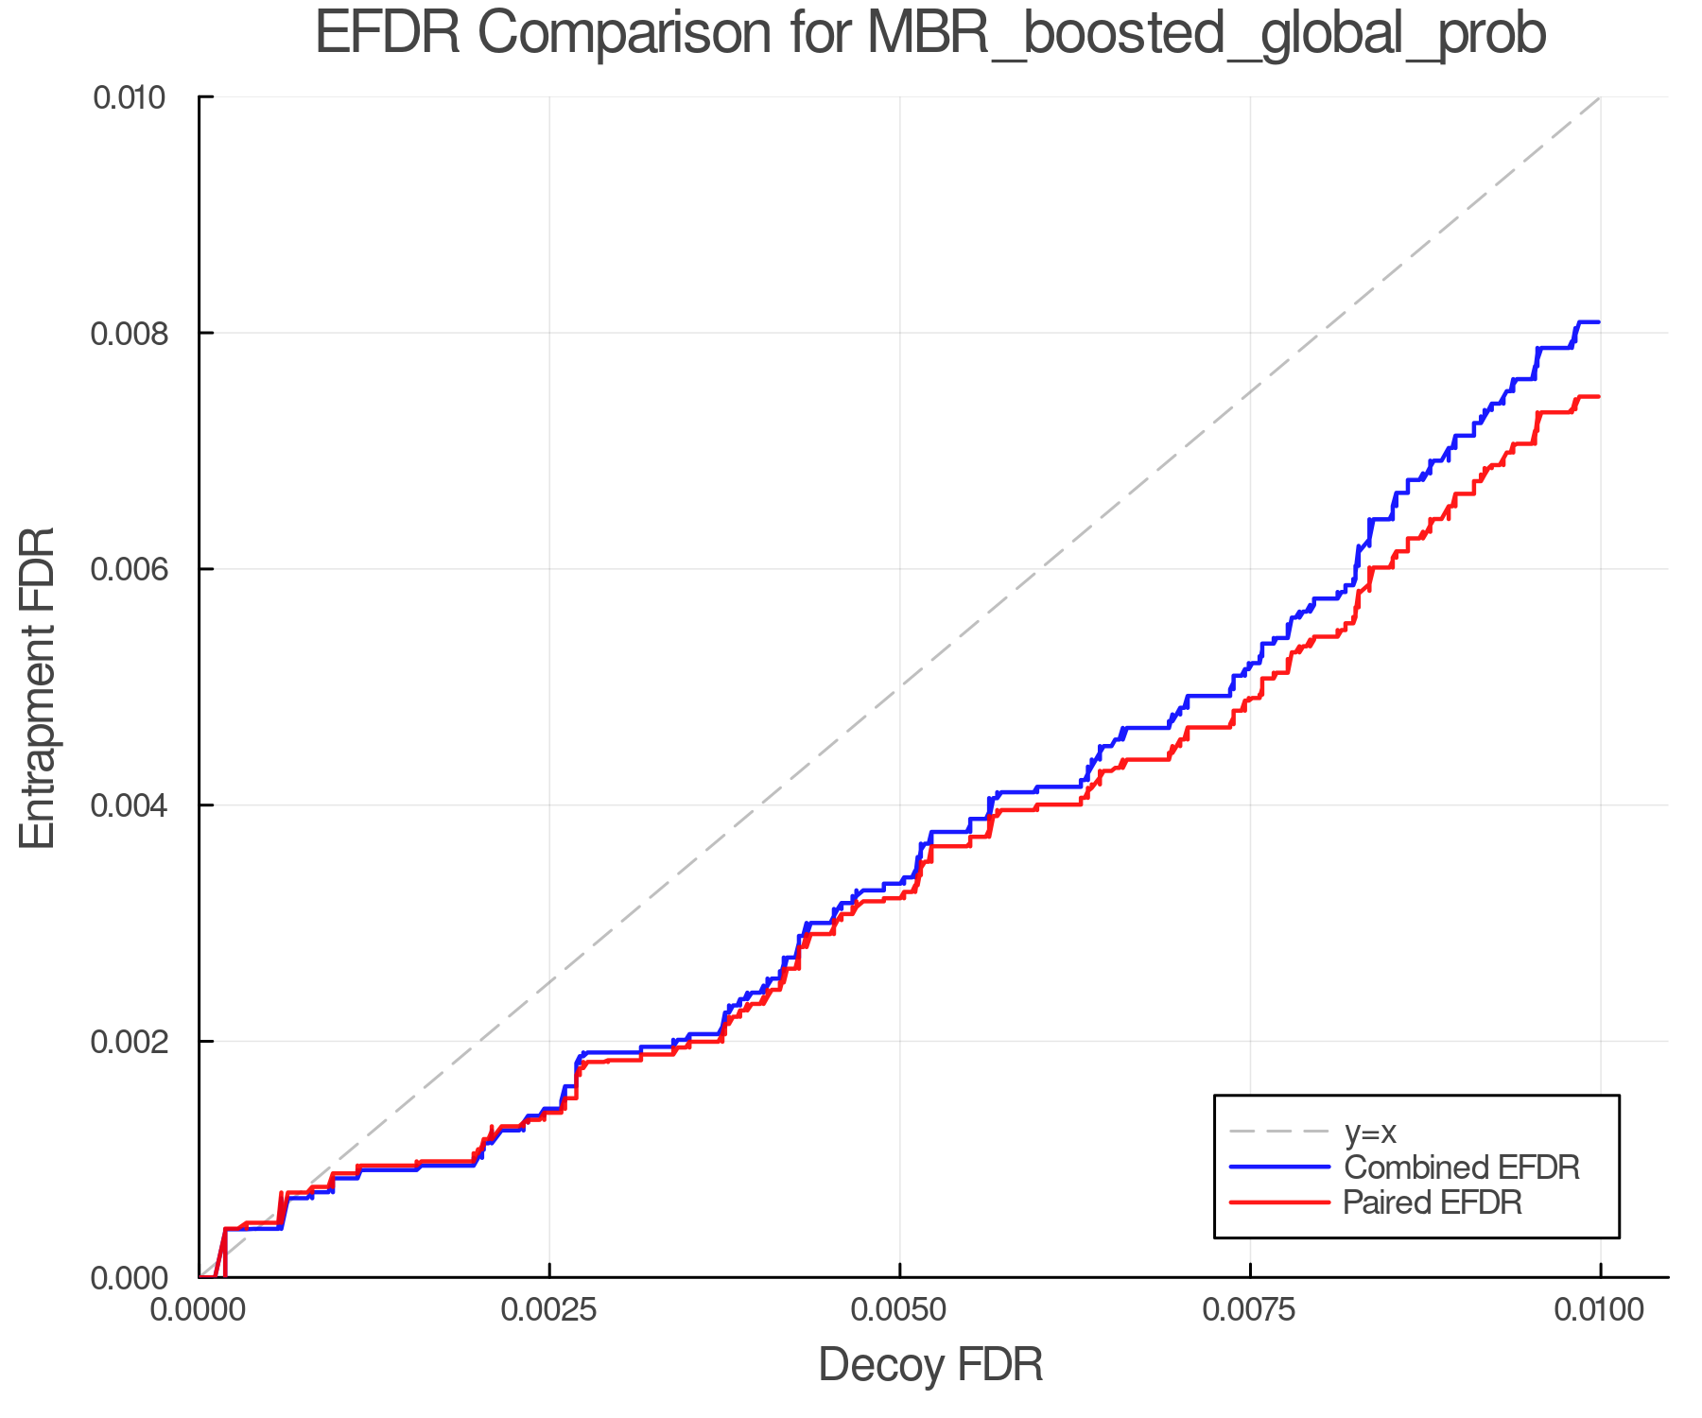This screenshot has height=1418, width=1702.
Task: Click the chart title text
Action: click(929, 34)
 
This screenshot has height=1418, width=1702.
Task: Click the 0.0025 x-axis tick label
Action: click(549, 1309)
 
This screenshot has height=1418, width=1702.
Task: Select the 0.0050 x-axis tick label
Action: click(899, 1309)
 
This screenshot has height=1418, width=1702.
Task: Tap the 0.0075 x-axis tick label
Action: click(1250, 1309)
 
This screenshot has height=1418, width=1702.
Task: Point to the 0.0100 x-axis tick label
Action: click(1600, 1309)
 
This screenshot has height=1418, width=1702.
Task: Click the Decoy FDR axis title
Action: click(929, 1365)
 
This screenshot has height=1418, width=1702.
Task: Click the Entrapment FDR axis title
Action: click(38, 687)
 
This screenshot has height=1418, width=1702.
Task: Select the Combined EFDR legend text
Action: click(1462, 1167)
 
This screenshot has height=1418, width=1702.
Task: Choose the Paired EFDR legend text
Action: click(1433, 1202)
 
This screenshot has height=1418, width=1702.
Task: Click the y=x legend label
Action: click(1370, 1132)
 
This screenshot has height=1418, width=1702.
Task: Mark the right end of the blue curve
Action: click(1598, 322)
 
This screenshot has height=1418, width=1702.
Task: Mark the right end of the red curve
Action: click(1598, 396)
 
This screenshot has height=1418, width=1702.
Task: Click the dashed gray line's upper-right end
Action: click(1598, 98)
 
